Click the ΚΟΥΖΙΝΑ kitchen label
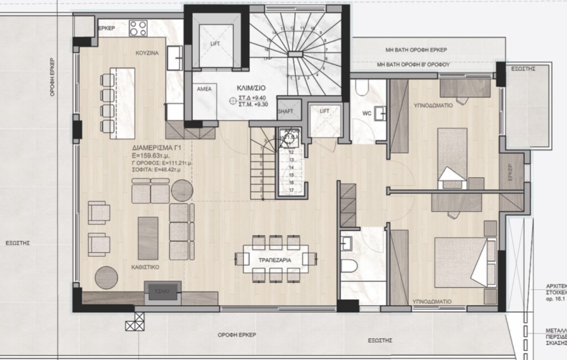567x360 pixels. click(x=147, y=53)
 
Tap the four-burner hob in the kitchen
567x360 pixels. click(x=137, y=28)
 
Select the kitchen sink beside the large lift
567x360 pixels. click(x=176, y=55)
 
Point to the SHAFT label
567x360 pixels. click(x=286, y=111)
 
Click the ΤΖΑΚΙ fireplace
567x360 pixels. click(x=162, y=291)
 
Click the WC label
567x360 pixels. click(x=367, y=114)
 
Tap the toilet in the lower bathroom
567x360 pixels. click(x=349, y=268)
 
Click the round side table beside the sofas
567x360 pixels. click(x=181, y=191)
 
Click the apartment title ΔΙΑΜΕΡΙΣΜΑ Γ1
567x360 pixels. click(x=154, y=148)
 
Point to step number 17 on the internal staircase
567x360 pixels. click(x=291, y=190)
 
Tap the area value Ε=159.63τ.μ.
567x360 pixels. click(x=153, y=156)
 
